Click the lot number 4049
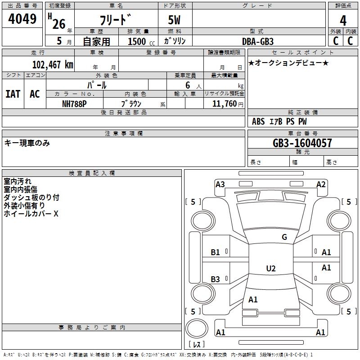(22, 19)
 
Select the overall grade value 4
(343, 20)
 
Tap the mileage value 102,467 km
(53, 64)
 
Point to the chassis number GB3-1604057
(302, 143)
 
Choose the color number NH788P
(74, 103)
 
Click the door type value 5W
(175, 21)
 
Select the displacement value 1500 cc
(139, 41)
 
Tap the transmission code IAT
(13, 94)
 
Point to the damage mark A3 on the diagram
(220, 184)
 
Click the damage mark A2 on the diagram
(321, 184)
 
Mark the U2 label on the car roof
(270, 269)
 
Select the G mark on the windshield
(284, 237)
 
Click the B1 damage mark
(216, 252)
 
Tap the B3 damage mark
(216, 279)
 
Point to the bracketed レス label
(198, 344)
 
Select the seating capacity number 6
(188, 85)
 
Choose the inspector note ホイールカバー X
(31, 214)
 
